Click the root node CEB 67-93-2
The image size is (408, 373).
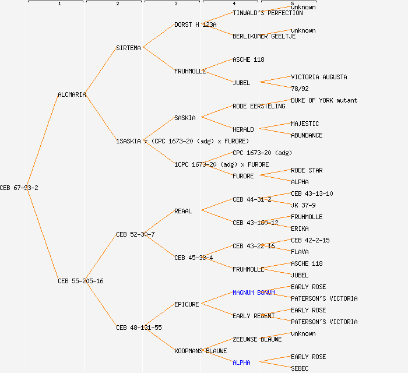point(19,188)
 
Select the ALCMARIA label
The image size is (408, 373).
point(72,94)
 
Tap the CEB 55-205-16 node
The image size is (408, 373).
point(80,281)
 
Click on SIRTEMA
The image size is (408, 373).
point(128,48)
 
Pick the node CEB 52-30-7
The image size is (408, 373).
point(135,234)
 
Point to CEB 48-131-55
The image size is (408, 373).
point(139,328)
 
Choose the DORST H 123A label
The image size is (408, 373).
point(195,24)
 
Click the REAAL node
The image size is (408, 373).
point(183,211)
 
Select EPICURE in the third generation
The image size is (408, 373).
point(187,304)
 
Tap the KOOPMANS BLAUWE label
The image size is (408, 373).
point(201,351)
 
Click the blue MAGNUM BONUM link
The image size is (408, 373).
point(254,293)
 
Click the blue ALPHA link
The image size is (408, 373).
point(241,363)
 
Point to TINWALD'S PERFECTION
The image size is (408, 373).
point(268,13)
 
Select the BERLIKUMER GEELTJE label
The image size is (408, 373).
point(264,36)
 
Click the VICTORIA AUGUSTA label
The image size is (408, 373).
point(319,77)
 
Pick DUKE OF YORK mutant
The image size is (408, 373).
point(324,100)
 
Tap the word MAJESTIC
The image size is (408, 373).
point(305,124)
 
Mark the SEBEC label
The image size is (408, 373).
point(300,368)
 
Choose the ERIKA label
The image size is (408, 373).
point(300,228)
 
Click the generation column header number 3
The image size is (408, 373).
point(175,4)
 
